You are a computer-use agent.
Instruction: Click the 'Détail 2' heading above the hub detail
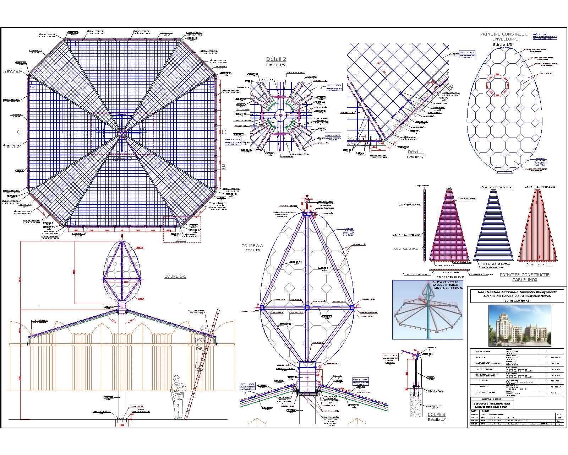pos(276,59)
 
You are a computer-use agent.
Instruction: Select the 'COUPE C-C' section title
pos(175,277)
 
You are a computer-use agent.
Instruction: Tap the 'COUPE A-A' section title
pos(252,246)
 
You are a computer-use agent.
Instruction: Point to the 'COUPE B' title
pos(436,414)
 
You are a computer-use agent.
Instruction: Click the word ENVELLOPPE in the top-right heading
pos(505,39)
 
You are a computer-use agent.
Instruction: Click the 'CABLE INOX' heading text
pos(524,280)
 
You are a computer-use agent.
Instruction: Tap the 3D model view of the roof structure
pos(428,309)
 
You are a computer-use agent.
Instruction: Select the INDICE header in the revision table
pos(485,411)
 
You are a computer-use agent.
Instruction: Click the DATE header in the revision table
pos(474,411)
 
